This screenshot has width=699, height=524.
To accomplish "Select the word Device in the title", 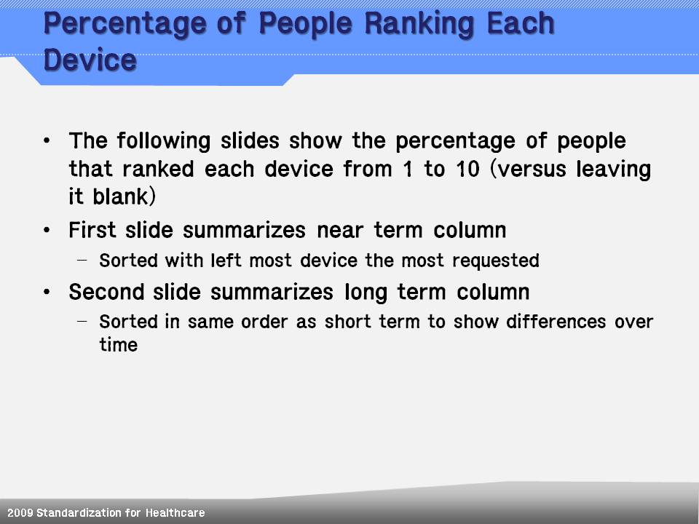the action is [x=90, y=60].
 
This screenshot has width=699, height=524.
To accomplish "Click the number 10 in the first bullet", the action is [x=468, y=169].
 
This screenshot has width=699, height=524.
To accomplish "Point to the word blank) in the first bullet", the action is [x=125, y=197].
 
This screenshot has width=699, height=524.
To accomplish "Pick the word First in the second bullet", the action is [x=92, y=231].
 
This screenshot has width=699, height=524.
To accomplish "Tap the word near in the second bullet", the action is [x=341, y=231].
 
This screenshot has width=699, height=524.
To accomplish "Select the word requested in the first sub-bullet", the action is [x=496, y=261].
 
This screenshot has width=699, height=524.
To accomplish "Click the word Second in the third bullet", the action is [x=106, y=293].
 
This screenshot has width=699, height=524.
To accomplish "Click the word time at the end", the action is [x=118, y=345].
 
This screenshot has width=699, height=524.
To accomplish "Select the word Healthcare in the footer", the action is [x=175, y=513].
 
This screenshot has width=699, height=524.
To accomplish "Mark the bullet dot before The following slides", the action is [x=47, y=141].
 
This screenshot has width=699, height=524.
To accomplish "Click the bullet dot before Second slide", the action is [x=47, y=293].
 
